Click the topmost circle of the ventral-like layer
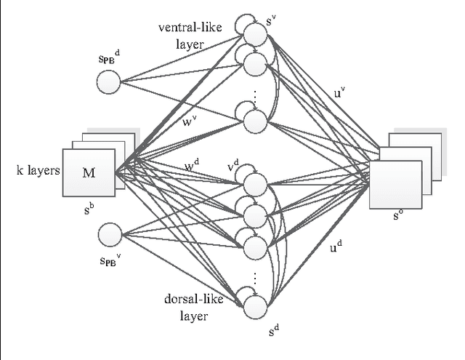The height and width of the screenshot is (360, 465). pyautogui.click(x=254, y=34)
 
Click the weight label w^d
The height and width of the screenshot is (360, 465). pyautogui.click(x=192, y=167)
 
